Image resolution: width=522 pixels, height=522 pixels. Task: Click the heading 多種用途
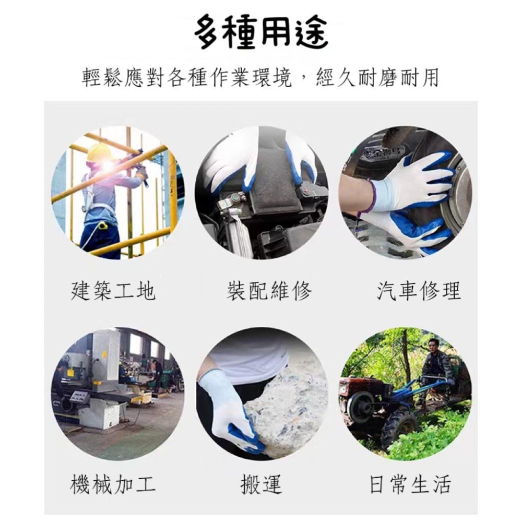(x=261, y=32)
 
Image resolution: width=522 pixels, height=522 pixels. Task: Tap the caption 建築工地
(x=113, y=291)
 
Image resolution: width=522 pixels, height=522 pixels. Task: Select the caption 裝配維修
(x=269, y=291)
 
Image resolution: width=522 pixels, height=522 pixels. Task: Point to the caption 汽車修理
(x=419, y=291)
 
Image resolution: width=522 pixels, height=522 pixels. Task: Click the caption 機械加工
(x=113, y=484)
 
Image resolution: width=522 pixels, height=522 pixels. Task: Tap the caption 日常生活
(x=410, y=484)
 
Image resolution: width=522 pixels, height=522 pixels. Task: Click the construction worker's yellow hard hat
(x=99, y=152)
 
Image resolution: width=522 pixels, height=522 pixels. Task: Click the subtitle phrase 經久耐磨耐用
(x=378, y=78)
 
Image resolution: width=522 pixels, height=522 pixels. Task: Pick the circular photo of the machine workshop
(x=117, y=394)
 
